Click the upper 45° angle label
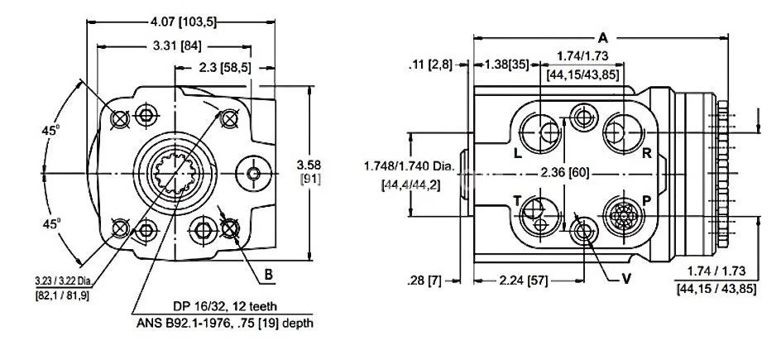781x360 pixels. (55, 130)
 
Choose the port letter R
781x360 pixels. (646, 153)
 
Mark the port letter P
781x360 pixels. (646, 202)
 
